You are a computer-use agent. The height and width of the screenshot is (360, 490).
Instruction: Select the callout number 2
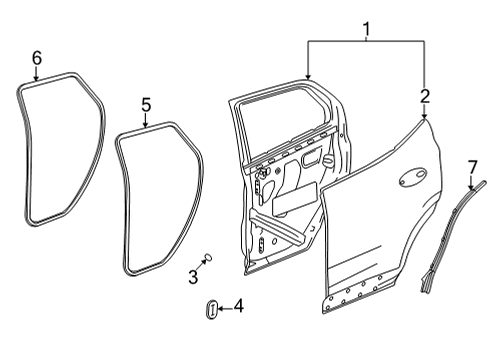click(425, 97)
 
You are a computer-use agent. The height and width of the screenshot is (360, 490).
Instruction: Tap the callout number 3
click(192, 275)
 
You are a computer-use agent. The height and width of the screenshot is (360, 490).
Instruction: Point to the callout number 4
click(238, 308)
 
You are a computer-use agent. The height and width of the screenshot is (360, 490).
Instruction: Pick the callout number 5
click(145, 103)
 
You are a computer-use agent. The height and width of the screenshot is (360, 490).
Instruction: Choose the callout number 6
click(37, 58)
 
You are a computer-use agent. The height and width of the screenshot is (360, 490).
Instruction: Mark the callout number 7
click(473, 165)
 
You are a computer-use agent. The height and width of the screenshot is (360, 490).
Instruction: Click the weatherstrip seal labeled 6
click(22, 150)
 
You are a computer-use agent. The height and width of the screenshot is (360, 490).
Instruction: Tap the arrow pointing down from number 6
click(37, 75)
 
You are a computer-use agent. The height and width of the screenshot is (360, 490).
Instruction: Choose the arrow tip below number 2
click(425, 119)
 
